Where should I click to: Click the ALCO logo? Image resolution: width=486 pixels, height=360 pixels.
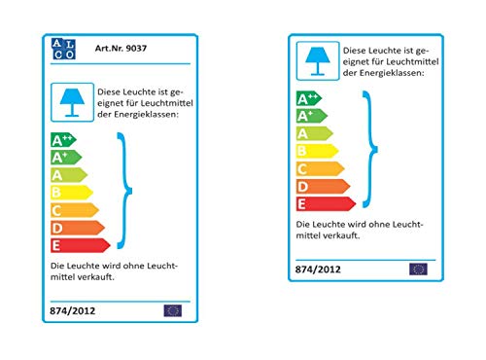(x=63, y=49)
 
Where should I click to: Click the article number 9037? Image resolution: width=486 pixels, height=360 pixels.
(x=136, y=49)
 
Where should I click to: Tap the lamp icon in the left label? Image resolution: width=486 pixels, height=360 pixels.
(x=72, y=102)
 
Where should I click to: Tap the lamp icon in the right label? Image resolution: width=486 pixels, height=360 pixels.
(x=318, y=61)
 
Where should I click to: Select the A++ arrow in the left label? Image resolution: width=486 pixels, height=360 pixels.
(x=63, y=140)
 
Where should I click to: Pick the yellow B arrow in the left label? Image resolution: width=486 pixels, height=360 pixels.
(x=72, y=193)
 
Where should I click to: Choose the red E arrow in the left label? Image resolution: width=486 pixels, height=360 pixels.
(x=81, y=245)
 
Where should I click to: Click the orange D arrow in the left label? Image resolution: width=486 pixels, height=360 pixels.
(x=78, y=228)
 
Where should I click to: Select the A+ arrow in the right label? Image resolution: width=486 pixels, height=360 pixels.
(x=312, y=116)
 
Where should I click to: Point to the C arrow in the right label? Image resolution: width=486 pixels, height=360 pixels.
(x=321, y=169)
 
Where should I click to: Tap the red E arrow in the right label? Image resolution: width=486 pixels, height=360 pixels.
(x=327, y=204)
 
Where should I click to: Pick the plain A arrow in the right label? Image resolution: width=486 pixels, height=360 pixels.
(x=315, y=133)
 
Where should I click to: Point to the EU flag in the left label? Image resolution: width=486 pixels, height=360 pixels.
(x=173, y=310)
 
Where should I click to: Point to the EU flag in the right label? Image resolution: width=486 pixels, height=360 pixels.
(x=418, y=270)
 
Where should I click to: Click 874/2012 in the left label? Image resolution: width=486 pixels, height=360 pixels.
(x=73, y=311)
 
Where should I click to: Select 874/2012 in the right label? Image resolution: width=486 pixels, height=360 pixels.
(x=318, y=270)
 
